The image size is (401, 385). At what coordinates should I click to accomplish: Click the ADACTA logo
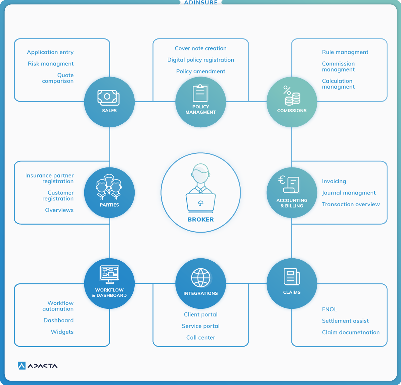[37, 366]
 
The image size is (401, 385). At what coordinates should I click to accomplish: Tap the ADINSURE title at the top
[201, 2]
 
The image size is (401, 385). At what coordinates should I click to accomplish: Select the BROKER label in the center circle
[201, 220]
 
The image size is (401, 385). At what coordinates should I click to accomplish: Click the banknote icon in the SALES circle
[109, 98]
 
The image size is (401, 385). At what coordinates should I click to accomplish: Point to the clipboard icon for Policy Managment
[200, 93]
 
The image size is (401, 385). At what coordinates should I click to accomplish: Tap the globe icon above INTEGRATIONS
[201, 278]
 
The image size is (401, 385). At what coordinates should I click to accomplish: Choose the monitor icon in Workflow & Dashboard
[109, 274]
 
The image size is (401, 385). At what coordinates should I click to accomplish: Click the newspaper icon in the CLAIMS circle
[292, 276]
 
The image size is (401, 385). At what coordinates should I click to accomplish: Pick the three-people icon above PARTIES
[109, 187]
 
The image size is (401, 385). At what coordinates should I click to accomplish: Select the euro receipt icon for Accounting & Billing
[289, 184]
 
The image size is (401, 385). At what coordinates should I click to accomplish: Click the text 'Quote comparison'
[58, 78]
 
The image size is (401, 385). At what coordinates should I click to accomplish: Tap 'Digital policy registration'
[201, 60]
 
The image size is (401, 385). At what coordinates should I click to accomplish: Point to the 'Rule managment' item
[345, 52]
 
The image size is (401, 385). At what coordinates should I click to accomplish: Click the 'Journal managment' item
[349, 193]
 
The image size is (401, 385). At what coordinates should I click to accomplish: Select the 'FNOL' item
[329, 309]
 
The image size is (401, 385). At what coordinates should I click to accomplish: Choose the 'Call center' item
[201, 338]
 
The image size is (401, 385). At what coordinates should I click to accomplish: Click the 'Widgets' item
[62, 332]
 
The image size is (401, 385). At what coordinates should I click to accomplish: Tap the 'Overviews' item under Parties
[59, 210]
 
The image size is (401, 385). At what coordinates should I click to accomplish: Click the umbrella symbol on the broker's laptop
[201, 203]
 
